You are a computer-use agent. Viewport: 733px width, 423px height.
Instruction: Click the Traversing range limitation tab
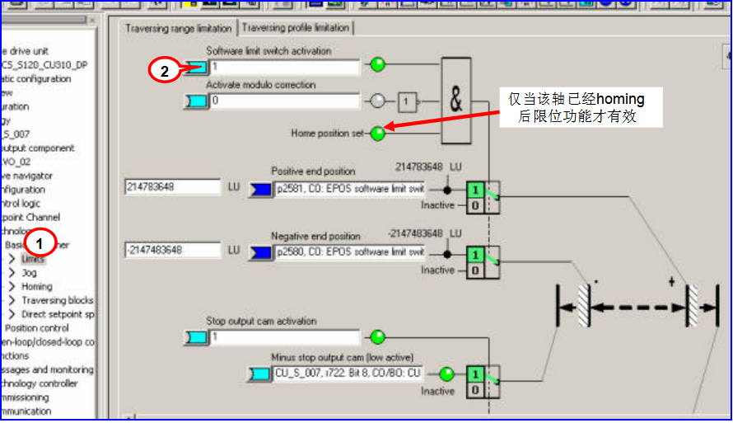179,28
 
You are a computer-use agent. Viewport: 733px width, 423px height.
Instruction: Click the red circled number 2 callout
165,72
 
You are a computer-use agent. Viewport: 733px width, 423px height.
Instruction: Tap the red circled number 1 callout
40,243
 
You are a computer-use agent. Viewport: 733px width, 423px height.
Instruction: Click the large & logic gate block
456,101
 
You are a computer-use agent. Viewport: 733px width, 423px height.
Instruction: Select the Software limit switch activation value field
284,66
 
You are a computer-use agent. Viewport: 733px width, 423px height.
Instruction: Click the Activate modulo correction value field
284,101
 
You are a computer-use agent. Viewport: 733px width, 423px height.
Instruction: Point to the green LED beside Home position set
378,133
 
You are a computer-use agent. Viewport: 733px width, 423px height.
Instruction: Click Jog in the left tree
30,273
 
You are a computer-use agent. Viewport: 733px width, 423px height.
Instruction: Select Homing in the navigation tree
37,287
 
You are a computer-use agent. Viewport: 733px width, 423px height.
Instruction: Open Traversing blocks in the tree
57,301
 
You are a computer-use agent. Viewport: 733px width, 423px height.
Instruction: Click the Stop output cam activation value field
284,337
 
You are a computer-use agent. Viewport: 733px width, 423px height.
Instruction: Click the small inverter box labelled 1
407,102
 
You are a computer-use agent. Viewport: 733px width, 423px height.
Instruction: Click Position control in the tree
37,328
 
